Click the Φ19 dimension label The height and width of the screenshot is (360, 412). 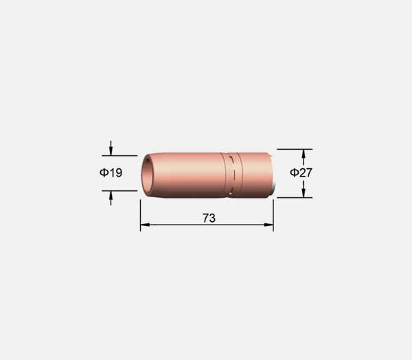point(111,172)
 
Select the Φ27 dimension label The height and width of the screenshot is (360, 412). point(301,172)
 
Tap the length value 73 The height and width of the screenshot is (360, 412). point(209,218)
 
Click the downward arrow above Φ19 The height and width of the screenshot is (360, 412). point(111,148)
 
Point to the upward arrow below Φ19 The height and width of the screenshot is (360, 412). point(111,198)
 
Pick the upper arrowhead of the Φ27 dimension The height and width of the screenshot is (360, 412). point(304,154)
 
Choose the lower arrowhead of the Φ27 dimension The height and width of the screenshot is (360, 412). point(304,193)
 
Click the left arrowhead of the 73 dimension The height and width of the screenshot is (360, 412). point(145,225)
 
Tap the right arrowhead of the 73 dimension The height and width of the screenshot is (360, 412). point(268,225)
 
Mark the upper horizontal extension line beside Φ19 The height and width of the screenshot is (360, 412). point(119,156)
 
